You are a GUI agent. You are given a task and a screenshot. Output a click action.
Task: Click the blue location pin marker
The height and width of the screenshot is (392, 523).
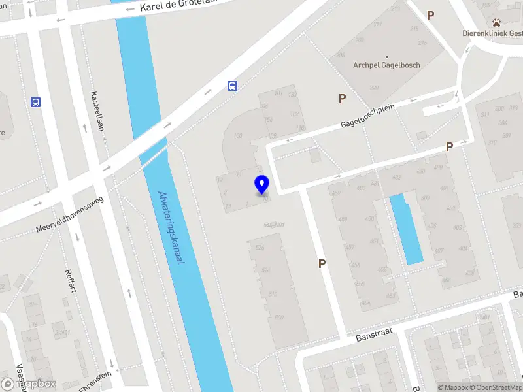point(262,184)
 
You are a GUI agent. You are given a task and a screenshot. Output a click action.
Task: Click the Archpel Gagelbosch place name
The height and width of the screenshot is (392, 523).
point(386,65)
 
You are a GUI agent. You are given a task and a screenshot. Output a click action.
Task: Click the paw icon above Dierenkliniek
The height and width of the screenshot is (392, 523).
point(497,23)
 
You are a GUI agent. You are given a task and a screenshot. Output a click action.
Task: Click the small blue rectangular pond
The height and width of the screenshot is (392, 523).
point(406,229)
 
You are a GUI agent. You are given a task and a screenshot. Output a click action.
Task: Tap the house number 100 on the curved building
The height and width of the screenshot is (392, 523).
point(238,136)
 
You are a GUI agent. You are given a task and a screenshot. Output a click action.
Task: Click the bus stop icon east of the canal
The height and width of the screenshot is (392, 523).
point(232,86)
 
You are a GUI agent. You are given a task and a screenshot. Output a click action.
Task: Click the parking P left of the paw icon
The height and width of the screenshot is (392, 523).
point(430,15)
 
